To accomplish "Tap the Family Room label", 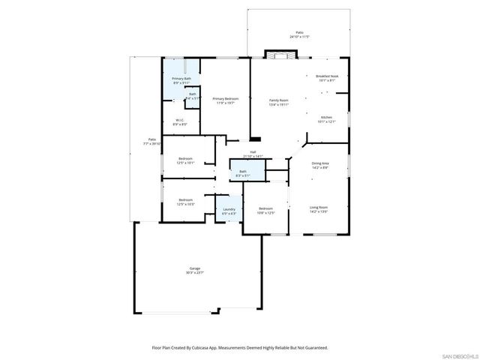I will point(278,100).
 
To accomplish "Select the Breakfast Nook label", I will point(325,76).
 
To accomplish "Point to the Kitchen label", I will point(325,118).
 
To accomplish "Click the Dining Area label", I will point(319,163).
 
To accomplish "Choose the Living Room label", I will point(319,208).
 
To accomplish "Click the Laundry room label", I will point(229,210).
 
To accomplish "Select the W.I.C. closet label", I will point(181,121).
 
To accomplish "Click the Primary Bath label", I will point(181,79).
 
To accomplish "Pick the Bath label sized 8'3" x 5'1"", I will point(243,172).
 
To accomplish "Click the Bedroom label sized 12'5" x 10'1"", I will point(185,158).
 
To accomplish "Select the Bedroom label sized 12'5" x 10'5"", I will point(185,200).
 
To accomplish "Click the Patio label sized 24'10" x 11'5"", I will point(299,33).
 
